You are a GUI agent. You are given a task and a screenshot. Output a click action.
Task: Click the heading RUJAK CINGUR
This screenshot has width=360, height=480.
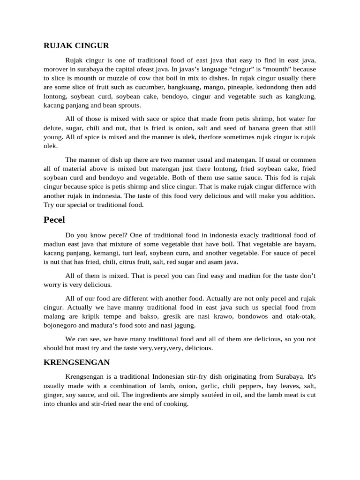[76, 45]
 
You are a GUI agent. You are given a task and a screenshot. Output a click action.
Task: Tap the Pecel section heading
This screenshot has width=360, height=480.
[54, 220]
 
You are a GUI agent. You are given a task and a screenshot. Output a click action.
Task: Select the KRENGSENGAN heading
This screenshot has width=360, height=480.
[76, 362]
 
